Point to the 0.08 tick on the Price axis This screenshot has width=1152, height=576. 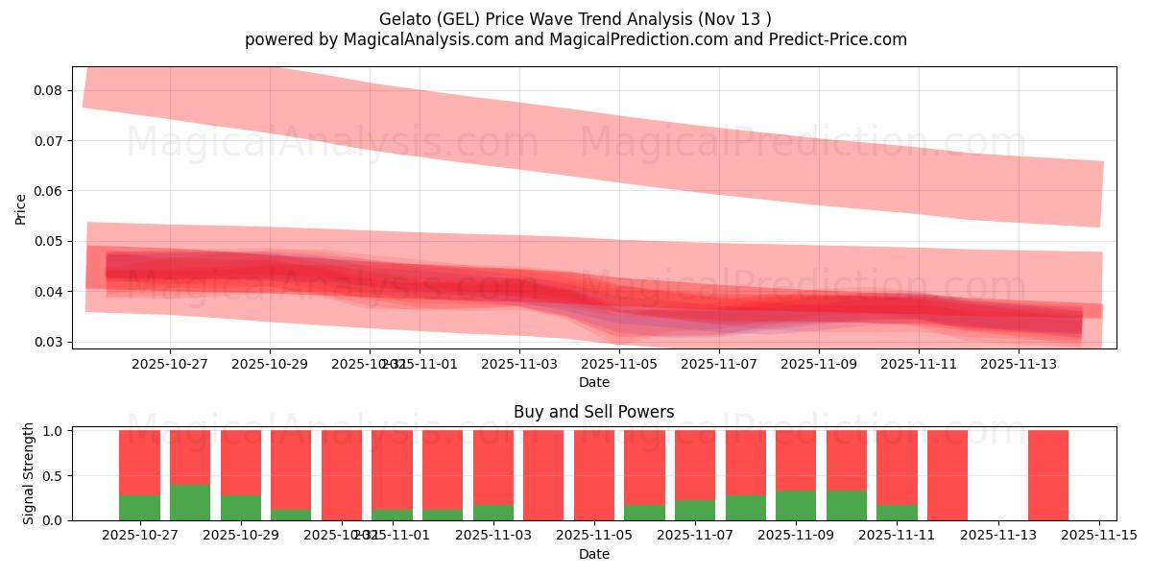pos(48,90)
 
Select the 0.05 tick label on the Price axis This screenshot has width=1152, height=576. pos(48,241)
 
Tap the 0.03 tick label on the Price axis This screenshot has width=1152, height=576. pos(48,342)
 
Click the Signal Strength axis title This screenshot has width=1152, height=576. pos(29,473)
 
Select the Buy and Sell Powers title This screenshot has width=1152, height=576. pos(593,412)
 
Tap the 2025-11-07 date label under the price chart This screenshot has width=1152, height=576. pos(719,365)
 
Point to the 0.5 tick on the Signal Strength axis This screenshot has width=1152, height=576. pos(54,475)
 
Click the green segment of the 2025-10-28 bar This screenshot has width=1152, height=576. pos(190,502)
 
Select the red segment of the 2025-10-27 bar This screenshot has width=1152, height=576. pos(139,463)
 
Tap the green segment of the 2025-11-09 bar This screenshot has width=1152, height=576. pos(796,505)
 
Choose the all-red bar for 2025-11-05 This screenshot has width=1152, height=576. pos(594,475)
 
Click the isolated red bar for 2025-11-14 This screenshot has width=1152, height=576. pos(1047,475)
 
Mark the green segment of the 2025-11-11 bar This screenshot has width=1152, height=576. pos(897,512)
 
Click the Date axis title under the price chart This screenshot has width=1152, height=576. pos(593,382)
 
